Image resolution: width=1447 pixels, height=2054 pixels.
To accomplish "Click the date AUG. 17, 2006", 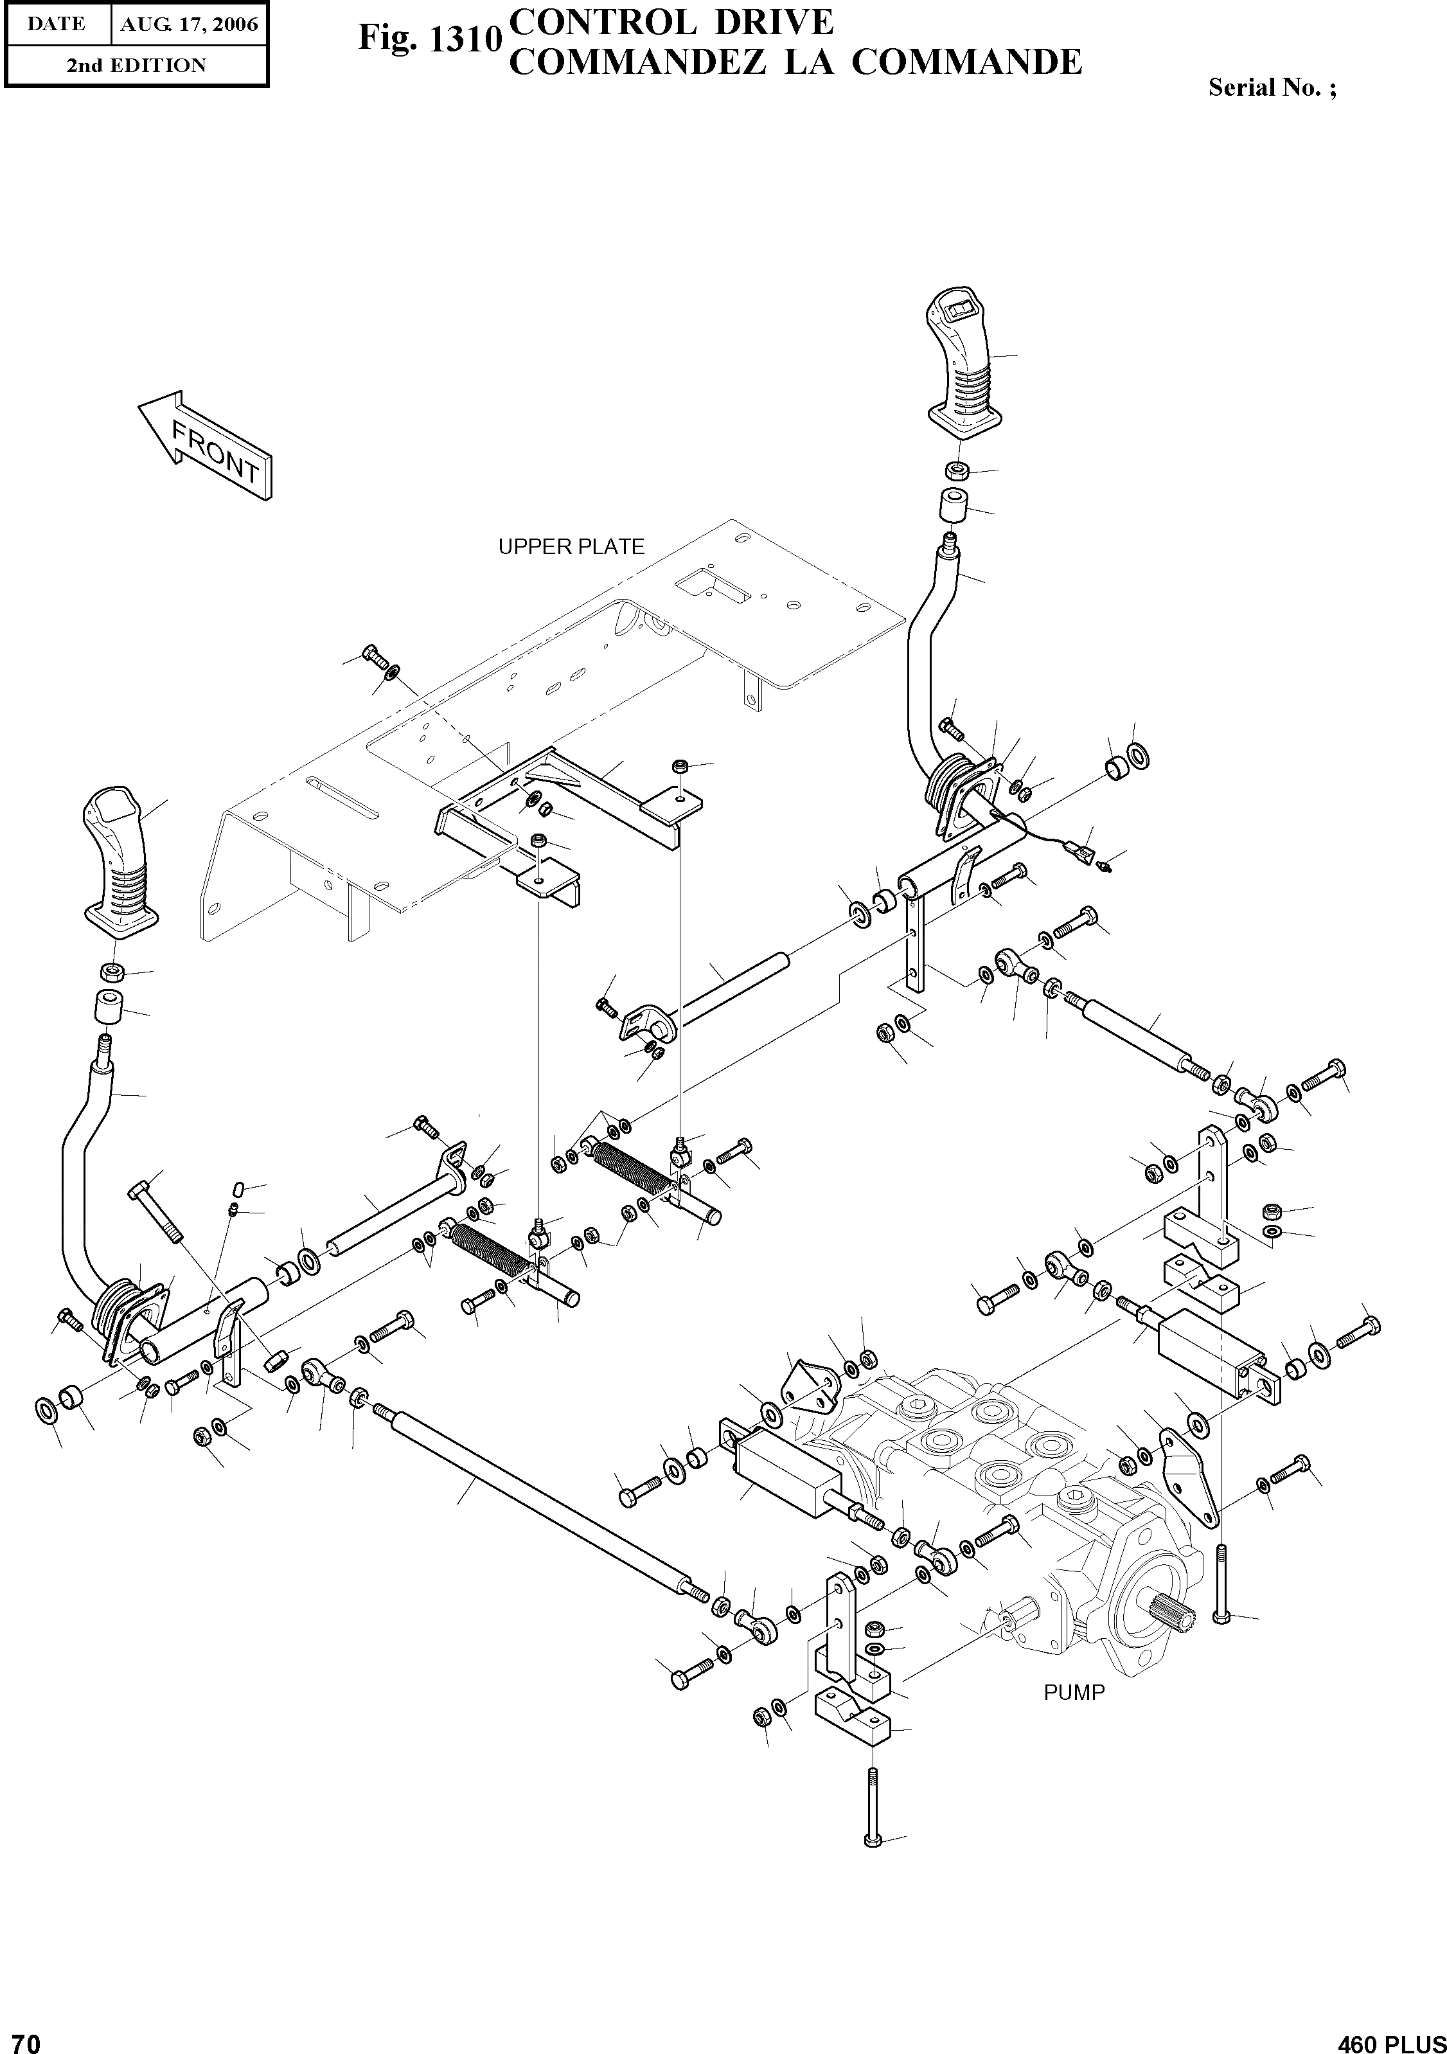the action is [189, 24].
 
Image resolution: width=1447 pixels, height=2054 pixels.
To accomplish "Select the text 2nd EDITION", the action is [136, 66].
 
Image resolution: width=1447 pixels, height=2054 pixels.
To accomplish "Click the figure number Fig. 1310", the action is [429, 39].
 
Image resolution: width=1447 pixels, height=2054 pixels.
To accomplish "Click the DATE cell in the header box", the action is [57, 24].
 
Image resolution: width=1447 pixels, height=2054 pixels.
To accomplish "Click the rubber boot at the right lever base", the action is [948, 787].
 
